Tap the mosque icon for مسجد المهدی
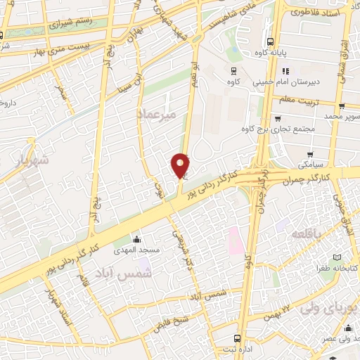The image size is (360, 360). click(x=136, y=239)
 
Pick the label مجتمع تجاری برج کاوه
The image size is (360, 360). click(x=276, y=129)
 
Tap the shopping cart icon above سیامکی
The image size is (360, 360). click(x=309, y=153)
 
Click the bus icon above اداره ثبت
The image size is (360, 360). click(x=237, y=336)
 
